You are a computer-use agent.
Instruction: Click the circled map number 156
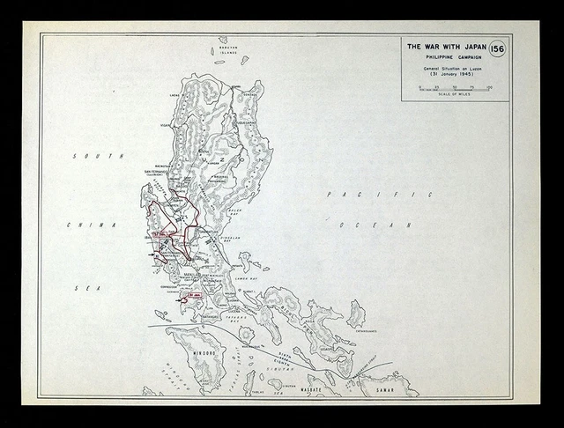496,49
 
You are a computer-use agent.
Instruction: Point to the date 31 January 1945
447,75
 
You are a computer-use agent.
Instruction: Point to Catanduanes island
356,314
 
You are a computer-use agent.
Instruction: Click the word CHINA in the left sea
78,225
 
